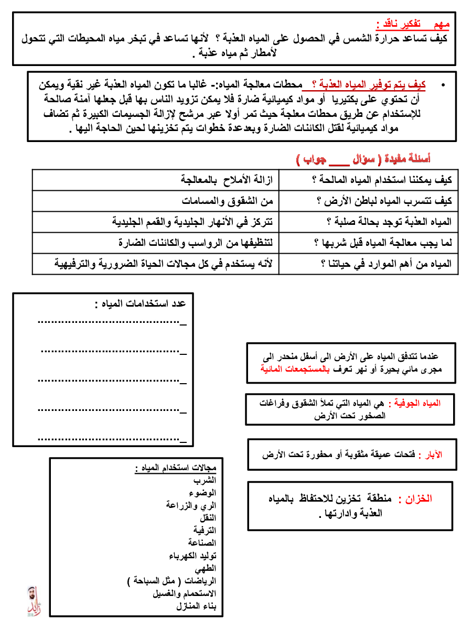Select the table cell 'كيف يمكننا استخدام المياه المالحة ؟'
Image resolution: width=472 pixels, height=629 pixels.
pyautogui.click(x=381, y=180)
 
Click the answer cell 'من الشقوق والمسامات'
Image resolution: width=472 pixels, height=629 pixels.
pyautogui.click(x=229, y=201)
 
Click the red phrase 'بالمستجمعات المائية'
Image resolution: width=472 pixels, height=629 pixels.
pyautogui.click(x=291, y=368)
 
